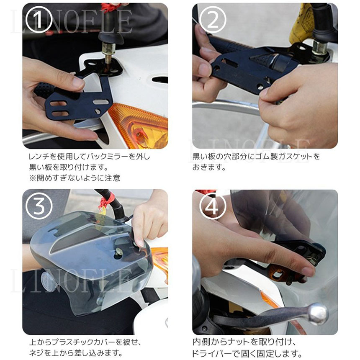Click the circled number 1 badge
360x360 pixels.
39,20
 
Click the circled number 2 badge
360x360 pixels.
213,20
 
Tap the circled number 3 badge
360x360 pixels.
39,206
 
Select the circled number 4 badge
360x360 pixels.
213,206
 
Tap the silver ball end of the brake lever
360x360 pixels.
319,314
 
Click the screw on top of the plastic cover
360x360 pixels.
119,252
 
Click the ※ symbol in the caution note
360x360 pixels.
32,178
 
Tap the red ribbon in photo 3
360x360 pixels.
106,200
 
